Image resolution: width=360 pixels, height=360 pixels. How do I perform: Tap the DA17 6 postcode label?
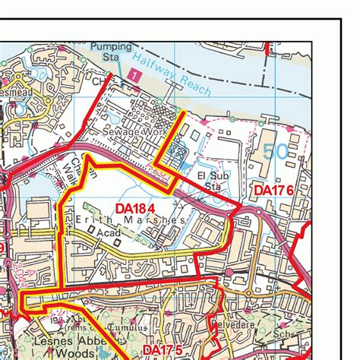pos(273,191)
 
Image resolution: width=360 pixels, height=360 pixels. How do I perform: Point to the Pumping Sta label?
pos(111,51)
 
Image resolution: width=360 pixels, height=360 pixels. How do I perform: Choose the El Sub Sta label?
pos(207,180)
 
